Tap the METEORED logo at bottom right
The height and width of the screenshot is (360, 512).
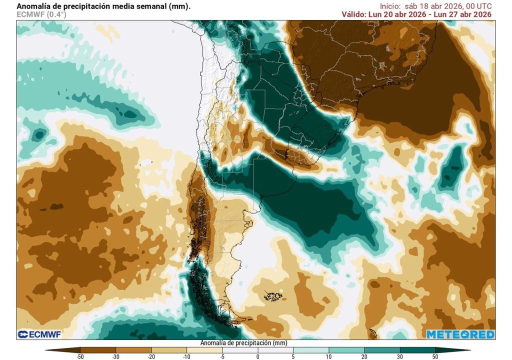pyautogui.click(x=460, y=334)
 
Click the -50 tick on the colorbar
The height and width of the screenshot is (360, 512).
pyautogui.click(x=80, y=356)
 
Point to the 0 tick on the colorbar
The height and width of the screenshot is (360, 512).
pyautogui.click(x=257, y=356)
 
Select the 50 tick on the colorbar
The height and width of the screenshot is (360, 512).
pyautogui.click(x=435, y=356)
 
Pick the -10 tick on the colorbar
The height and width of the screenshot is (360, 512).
pyautogui.click(x=186, y=356)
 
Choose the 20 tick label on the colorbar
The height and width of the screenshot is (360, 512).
pyautogui.click(x=364, y=356)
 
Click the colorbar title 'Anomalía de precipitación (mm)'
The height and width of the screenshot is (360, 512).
pyautogui.click(x=243, y=343)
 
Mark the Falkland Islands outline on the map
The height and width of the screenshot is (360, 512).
pyautogui.click(x=273, y=296)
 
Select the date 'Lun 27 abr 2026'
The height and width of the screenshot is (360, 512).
pyautogui.click(x=463, y=14)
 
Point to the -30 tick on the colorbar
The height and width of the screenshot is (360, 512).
pyautogui.click(x=115, y=356)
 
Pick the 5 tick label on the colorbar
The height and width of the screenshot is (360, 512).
pyautogui.click(x=293, y=356)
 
